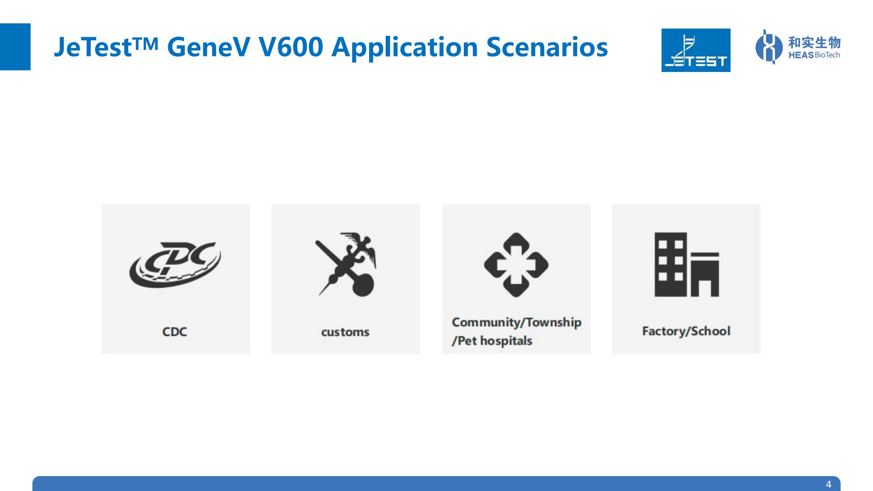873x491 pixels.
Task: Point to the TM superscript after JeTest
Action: tap(145, 43)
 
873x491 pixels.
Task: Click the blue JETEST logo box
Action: tap(696, 50)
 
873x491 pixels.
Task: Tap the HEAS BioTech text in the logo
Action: tap(814, 55)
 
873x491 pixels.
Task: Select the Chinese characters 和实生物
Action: tap(814, 43)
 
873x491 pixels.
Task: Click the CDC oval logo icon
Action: tap(175, 265)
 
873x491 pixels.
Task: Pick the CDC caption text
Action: tap(175, 332)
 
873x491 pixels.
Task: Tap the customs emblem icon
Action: tap(346, 264)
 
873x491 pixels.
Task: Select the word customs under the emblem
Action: tap(345, 332)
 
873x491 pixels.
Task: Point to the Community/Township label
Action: tap(517, 322)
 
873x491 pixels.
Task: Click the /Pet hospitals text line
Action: tap(492, 341)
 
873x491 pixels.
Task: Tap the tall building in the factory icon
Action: tap(671, 265)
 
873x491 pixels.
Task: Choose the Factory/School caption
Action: tap(686, 331)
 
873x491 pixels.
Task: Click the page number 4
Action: tap(829, 484)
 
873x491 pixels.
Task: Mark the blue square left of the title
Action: tap(15, 47)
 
